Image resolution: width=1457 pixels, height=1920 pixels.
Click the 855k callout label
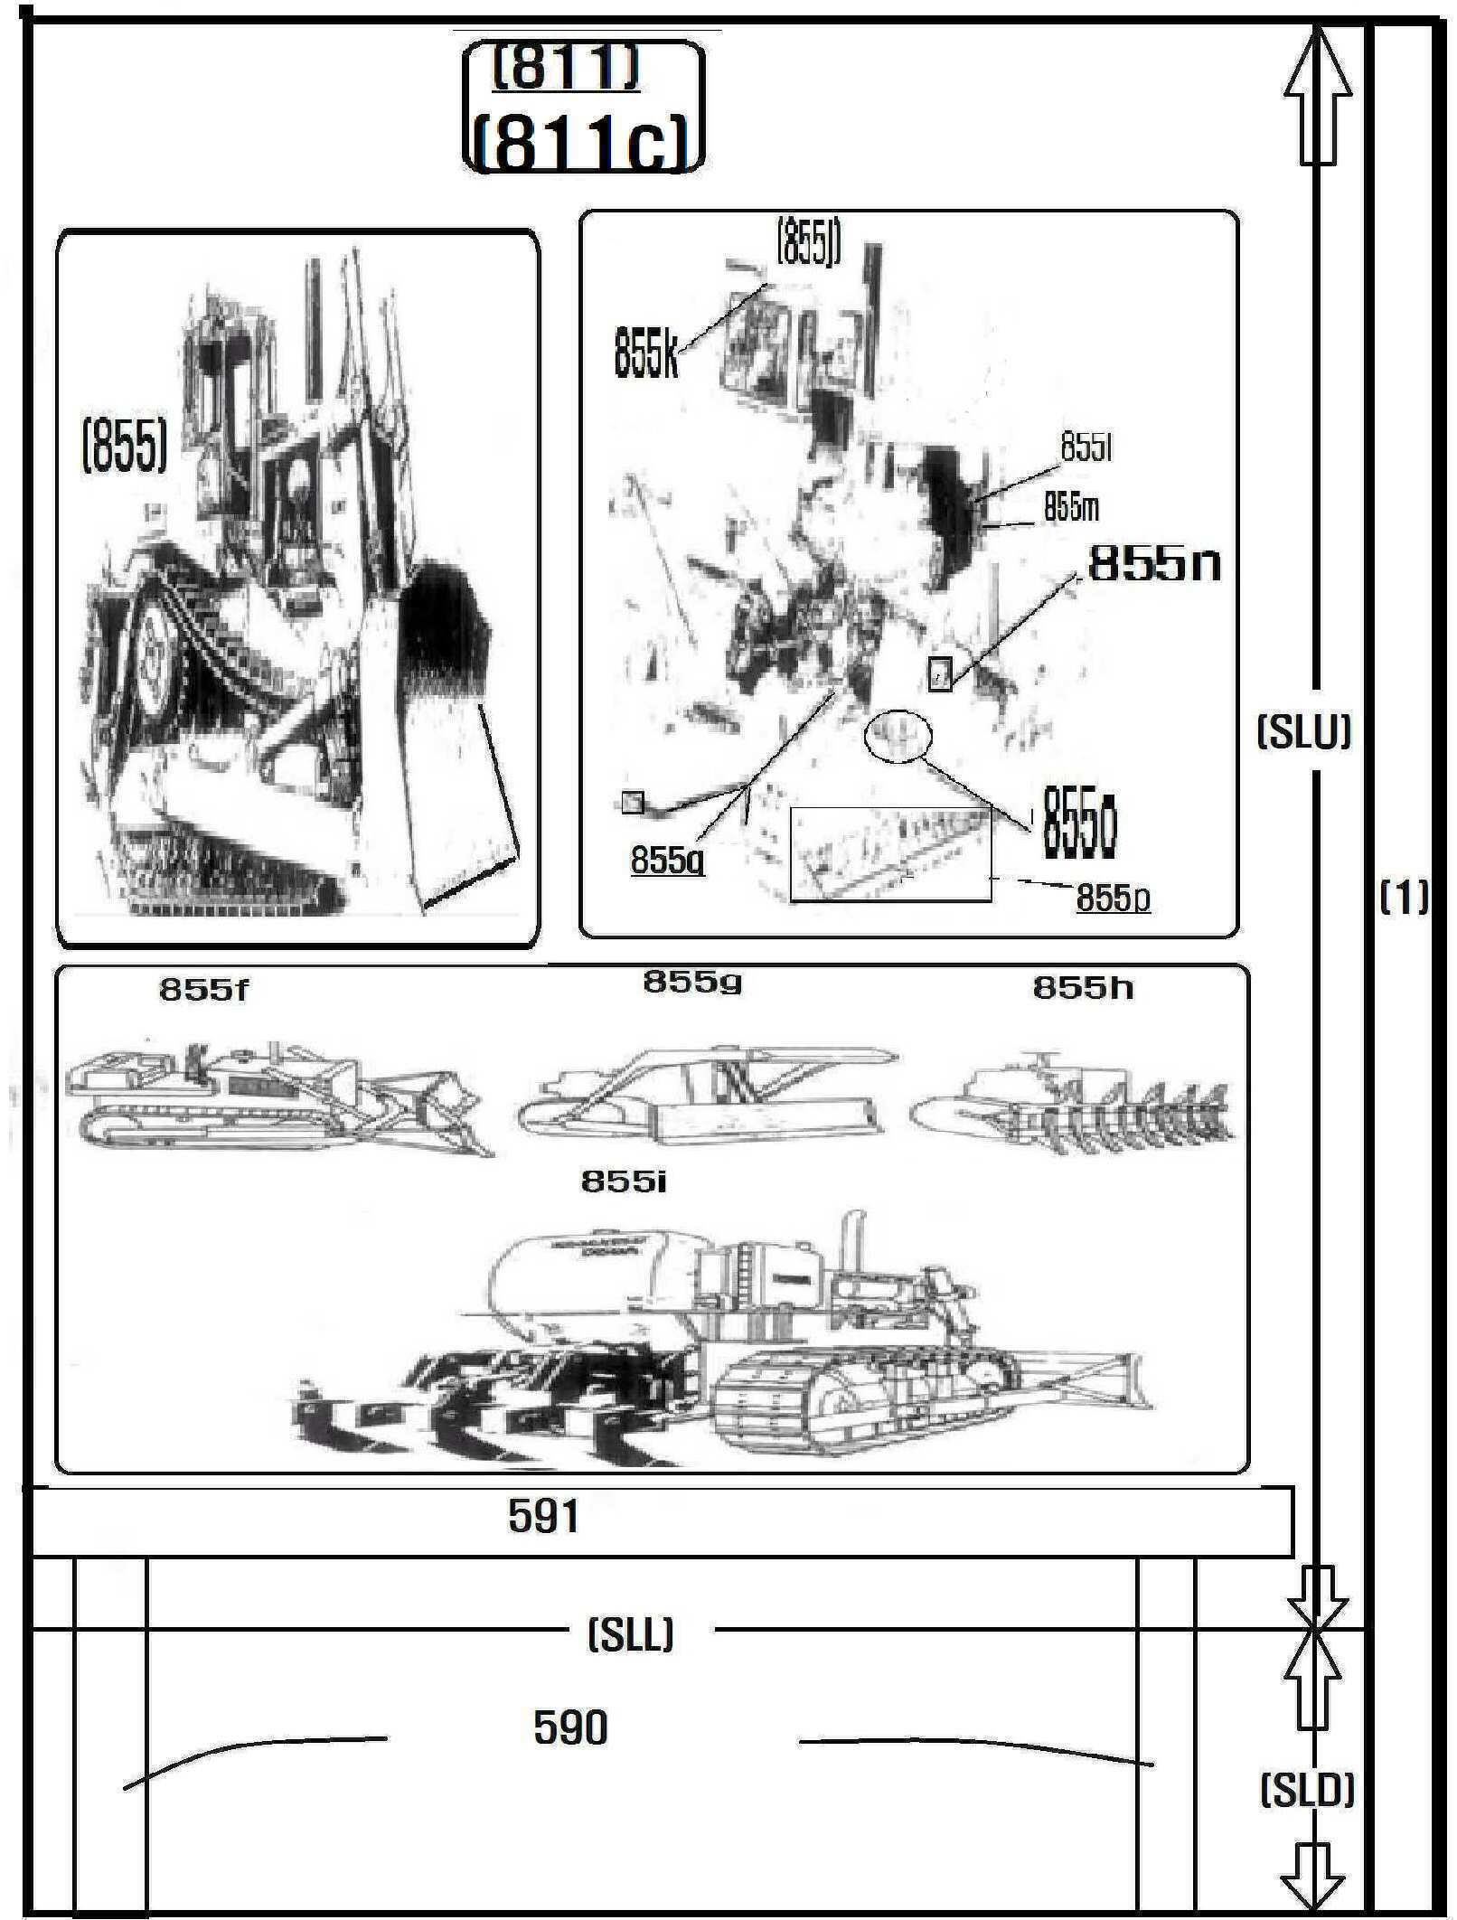pyautogui.click(x=645, y=353)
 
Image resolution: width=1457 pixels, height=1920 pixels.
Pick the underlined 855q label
pyautogui.click(x=668, y=860)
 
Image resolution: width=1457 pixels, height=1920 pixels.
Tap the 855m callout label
pyautogui.click(x=1072, y=507)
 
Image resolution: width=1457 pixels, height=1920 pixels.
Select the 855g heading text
pyautogui.click(x=692, y=982)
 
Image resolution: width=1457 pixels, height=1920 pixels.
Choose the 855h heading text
pyautogui.click(x=1083, y=988)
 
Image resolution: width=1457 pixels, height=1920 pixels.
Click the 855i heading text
pyautogui.click(x=624, y=1181)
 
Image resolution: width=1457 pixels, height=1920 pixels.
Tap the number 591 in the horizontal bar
pyautogui.click(x=543, y=1517)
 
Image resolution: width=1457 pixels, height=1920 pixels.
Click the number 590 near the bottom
pyautogui.click(x=570, y=1727)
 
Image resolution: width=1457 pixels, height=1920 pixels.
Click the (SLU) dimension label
pyautogui.click(x=1303, y=731)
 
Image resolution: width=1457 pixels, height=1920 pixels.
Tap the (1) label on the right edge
pyautogui.click(x=1403, y=897)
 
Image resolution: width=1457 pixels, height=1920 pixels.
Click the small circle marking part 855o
pyautogui.click(x=898, y=736)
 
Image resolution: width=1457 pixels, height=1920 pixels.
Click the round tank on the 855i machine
pyautogui.click(x=592, y=1283)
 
